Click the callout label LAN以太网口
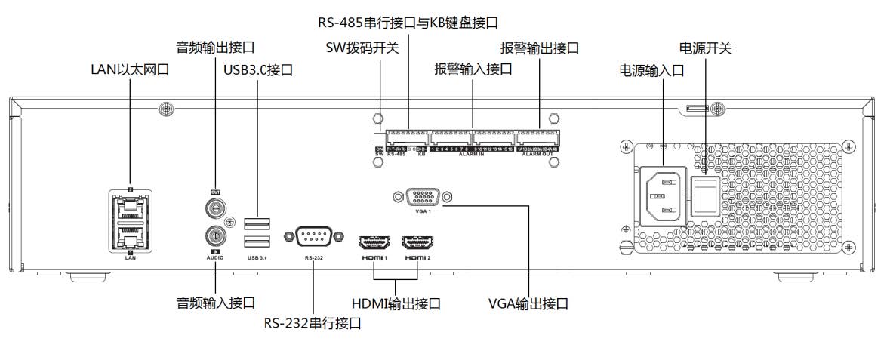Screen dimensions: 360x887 (x=130, y=69)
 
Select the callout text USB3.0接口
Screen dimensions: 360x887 (x=258, y=70)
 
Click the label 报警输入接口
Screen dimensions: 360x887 (x=473, y=69)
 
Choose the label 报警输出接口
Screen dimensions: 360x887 (x=540, y=48)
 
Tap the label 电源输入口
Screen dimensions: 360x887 (x=651, y=69)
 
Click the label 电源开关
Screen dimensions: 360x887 (x=706, y=48)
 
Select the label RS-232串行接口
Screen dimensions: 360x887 (x=313, y=323)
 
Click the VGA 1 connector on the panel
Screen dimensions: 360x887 (x=422, y=197)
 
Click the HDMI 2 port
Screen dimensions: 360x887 (x=417, y=243)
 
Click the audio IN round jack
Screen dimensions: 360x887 (x=213, y=235)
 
